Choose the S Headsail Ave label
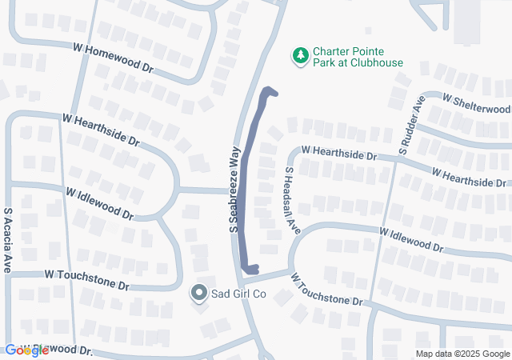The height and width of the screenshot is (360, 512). tap(291, 200)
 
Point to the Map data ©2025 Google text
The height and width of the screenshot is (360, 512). tap(462, 354)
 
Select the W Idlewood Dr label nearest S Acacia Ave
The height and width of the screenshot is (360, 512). tap(100, 205)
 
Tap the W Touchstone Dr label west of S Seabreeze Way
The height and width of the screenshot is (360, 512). tap(86, 279)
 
